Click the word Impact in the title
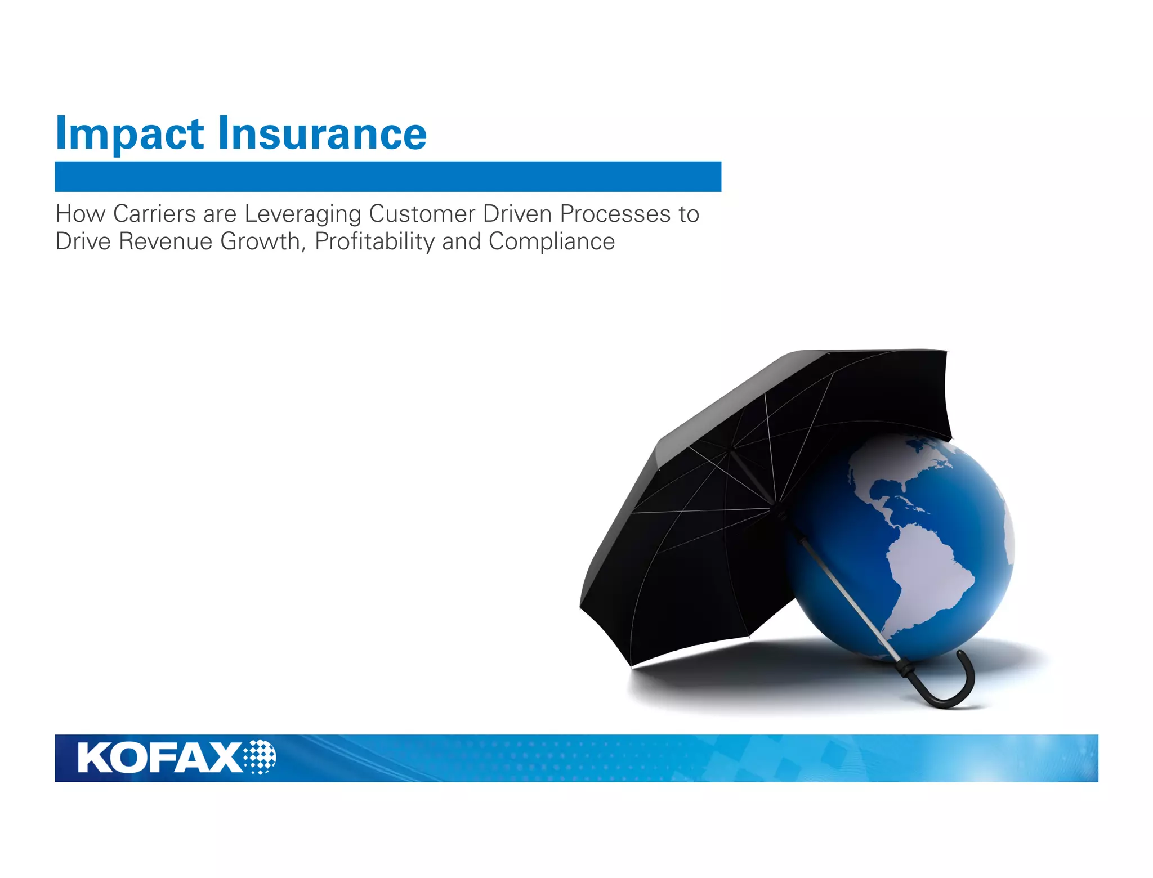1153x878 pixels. [x=129, y=134]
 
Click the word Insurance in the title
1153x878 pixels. [x=322, y=134]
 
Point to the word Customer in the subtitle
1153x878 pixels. [x=422, y=214]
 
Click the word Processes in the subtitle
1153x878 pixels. [x=615, y=214]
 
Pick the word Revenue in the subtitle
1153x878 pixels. [x=166, y=241]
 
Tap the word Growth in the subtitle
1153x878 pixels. [x=262, y=242]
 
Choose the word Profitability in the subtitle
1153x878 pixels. [x=374, y=242]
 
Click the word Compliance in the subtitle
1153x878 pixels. [x=552, y=242]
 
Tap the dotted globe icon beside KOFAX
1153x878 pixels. [x=260, y=757]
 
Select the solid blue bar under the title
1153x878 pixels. [x=388, y=177]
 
